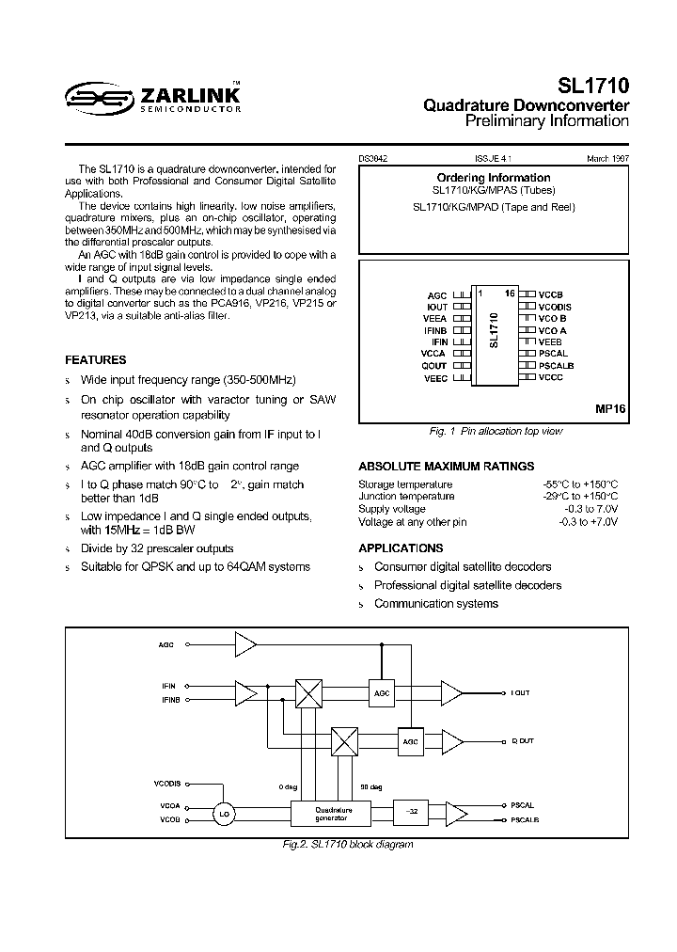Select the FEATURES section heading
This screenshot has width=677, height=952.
click(x=95, y=359)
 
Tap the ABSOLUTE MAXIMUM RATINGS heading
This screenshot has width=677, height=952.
click(x=447, y=466)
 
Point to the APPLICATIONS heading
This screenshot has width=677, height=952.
click(x=401, y=547)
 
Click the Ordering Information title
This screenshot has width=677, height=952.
click(x=494, y=178)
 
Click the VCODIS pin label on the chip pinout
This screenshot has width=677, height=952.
click(x=556, y=307)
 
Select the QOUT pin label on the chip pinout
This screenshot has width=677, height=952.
click(x=434, y=365)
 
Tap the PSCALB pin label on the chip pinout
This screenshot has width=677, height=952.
click(x=557, y=365)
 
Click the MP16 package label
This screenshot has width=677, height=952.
click(x=610, y=410)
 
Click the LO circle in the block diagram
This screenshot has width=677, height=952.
click(x=223, y=814)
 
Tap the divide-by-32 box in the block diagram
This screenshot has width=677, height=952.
click(x=410, y=811)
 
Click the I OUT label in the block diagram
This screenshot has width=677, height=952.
click(x=520, y=692)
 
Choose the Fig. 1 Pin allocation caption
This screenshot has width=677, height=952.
click(x=494, y=431)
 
